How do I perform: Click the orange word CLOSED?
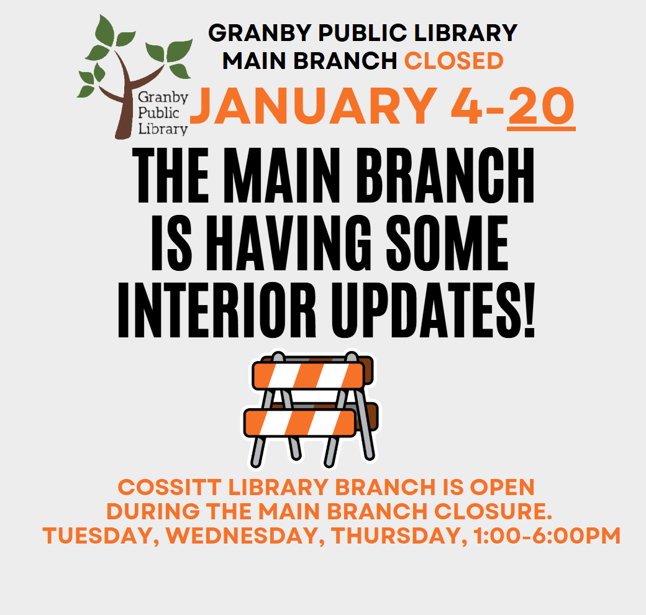[453, 61]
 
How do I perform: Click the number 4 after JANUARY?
[466, 106]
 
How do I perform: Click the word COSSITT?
[170, 487]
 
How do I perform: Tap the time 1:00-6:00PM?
[547, 536]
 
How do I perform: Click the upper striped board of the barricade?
[308, 376]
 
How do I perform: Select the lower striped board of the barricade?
[299, 423]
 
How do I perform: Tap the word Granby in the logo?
[163, 98]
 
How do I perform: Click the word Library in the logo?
[163, 129]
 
